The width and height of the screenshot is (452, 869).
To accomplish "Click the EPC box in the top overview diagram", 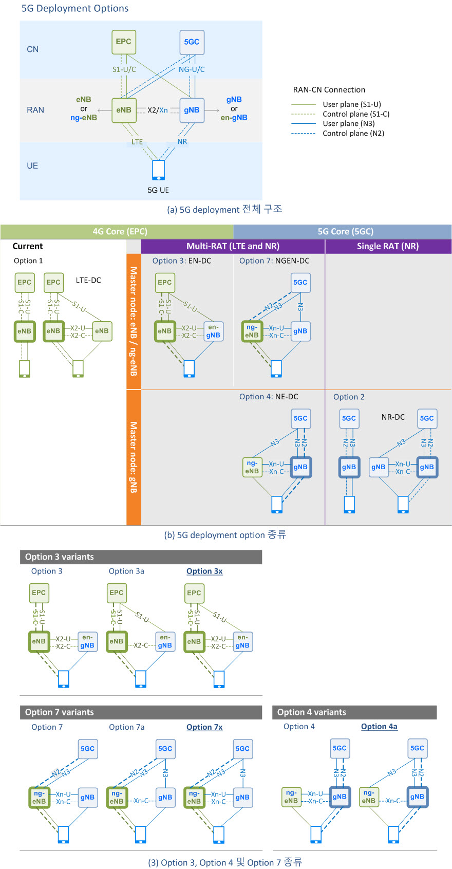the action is point(124,42).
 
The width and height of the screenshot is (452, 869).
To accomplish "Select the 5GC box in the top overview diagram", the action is point(192,42).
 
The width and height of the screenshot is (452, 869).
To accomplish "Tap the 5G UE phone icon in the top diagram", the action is point(159,170).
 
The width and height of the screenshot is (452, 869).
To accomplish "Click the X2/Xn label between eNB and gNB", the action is point(157,110).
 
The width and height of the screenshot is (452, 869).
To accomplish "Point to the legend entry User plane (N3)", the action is point(348,123).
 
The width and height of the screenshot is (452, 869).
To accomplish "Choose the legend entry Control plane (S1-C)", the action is point(356,114).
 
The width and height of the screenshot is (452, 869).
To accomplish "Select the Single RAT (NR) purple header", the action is point(388,246).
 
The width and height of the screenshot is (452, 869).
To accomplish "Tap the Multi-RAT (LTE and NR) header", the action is point(233,246).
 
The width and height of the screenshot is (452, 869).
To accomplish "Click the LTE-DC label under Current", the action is point(88,280).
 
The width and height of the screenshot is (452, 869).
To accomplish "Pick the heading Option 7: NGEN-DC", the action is point(274,261).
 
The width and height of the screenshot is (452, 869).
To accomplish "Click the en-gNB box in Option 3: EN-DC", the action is point(213,331).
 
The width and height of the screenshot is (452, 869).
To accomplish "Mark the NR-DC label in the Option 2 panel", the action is point(393,417).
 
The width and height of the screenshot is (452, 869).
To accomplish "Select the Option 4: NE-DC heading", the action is point(269,397).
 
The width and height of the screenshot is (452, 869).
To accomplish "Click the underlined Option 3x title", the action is point(204,571).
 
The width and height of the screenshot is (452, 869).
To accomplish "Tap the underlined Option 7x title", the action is point(204,727).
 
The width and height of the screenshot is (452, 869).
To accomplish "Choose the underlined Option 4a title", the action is point(379,726).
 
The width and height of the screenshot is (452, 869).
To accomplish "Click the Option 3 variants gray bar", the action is point(141,557).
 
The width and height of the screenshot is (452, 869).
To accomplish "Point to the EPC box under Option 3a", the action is point(117,593).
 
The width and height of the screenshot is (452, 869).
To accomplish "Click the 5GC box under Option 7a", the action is point(165,749).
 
